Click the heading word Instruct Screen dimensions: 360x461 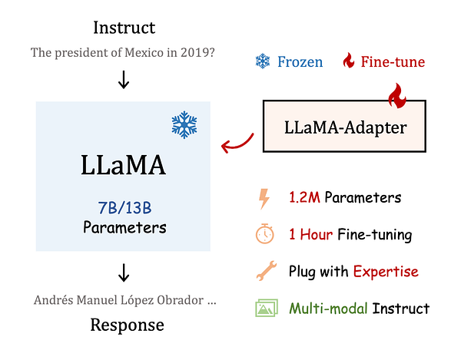coord(124,28)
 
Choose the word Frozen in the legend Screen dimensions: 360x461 coord(300,61)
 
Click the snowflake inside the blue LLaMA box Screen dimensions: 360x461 coord(184,124)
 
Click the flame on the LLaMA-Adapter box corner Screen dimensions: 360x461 coord(396,97)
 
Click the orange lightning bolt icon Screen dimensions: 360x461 coord(264,198)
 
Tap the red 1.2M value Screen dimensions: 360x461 coord(304,198)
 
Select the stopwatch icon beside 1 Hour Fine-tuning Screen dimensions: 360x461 coord(264,235)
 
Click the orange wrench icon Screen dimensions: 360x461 coord(264,272)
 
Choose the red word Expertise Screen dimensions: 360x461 coord(386,272)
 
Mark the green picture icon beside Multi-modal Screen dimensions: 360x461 coord(265,309)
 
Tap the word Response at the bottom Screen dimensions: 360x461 coord(127,325)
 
